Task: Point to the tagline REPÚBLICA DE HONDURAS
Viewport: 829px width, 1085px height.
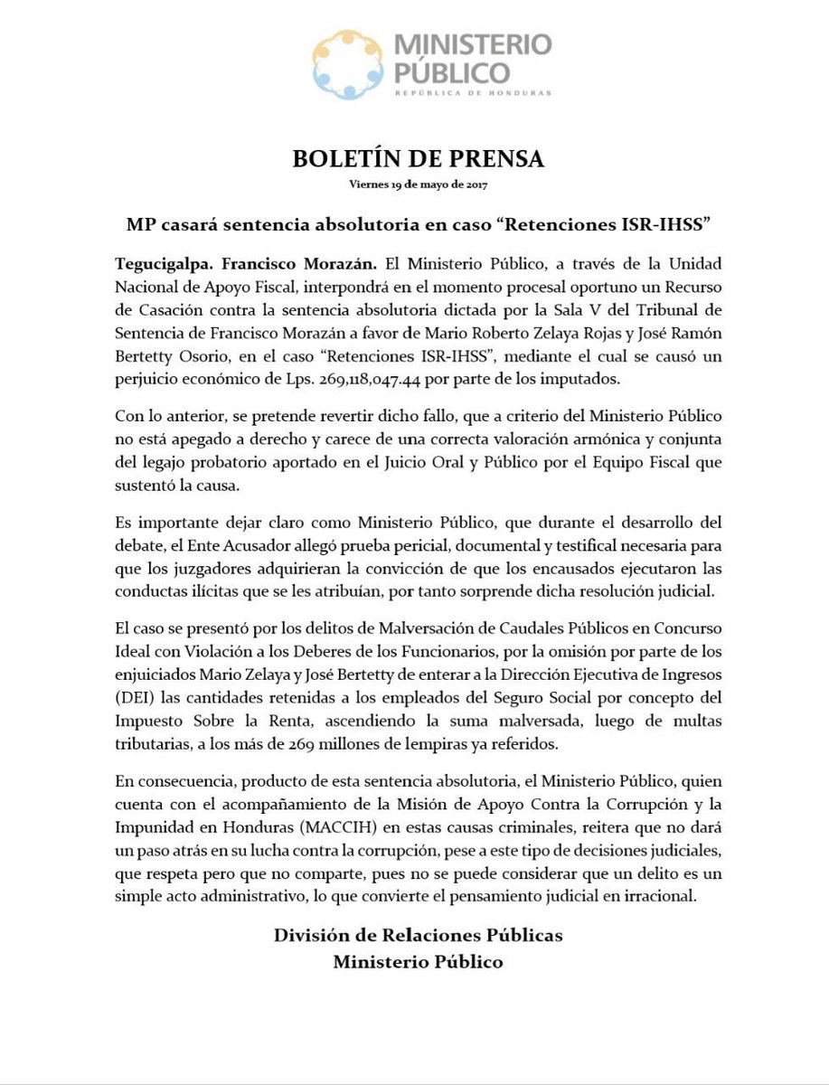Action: [471, 92]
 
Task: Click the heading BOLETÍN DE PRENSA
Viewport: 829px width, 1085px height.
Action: [418, 159]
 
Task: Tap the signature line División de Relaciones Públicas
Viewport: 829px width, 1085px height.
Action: [418, 935]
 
